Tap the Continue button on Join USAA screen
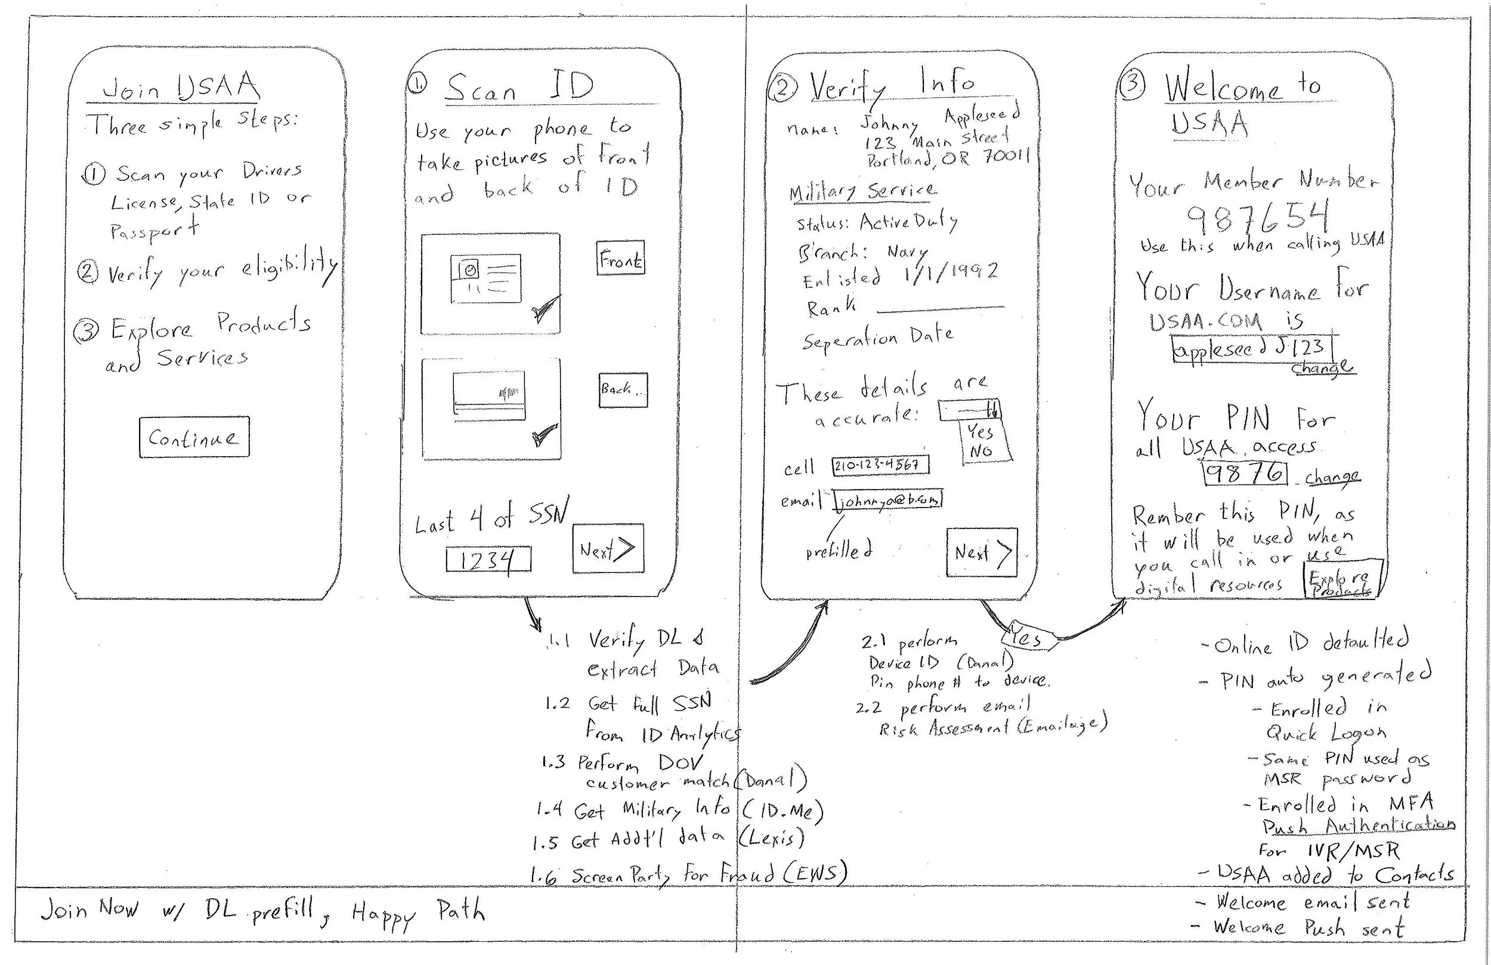pyautogui.click(x=194, y=437)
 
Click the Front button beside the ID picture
pyautogui.click(x=620, y=258)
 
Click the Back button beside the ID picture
pyautogui.click(x=622, y=390)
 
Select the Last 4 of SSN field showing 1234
pyautogui.click(x=488, y=559)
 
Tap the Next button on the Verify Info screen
pyautogui.click(x=981, y=552)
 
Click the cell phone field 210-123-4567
pyautogui.click(x=880, y=465)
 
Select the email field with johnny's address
pyautogui.click(x=888, y=500)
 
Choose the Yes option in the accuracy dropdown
pyautogui.click(x=980, y=431)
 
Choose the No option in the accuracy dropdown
pyautogui.click(x=982, y=451)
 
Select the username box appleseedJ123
pyautogui.click(x=1252, y=348)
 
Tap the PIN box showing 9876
pyautogui.click(x=1245, y=472)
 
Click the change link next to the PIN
pyautogui.click(x=1332, y=477)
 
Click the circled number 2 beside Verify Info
pyautogui.click(x=782, y=89)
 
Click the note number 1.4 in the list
pyautogui.click(x=549, y=809)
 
